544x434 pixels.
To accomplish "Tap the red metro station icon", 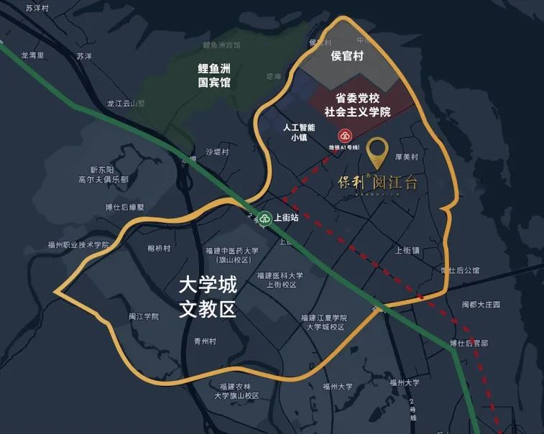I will tap(344, 136).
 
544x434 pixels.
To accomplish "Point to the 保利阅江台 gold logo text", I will tap(377, 183).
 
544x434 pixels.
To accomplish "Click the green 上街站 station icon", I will tap(265, 217).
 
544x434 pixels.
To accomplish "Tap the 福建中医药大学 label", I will tap(231, 255).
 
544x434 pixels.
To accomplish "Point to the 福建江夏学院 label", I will tap(324, 322).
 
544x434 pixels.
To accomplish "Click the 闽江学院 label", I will tap(143, 315).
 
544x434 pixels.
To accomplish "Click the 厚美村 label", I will tap(407, 157).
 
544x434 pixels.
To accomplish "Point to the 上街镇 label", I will tap(407, 250).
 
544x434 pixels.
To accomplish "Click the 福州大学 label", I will tap(338, 386).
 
